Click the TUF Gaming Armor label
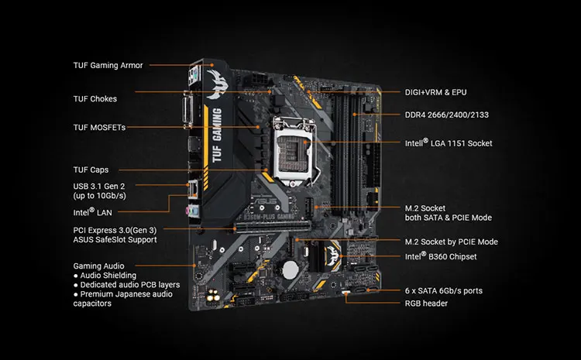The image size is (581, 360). pos(108,65)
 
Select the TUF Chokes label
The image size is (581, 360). pos(95,98)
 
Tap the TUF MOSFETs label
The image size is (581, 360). pos(99,127)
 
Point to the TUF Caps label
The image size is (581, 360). pos(91,170)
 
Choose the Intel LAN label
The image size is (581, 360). pos(94,211)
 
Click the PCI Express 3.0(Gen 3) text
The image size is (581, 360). pos(115,230)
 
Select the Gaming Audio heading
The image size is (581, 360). pos(99,266)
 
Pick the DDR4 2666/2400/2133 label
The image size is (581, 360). pos(447,115)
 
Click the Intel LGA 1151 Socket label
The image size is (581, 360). pos(449,143)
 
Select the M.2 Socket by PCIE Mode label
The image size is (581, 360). pos(452,242)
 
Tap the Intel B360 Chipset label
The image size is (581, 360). pos(441,255)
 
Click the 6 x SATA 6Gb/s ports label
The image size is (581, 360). pos(444,291)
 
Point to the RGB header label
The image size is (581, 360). pos(426,303)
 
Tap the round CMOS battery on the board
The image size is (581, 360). pos(290,269)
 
